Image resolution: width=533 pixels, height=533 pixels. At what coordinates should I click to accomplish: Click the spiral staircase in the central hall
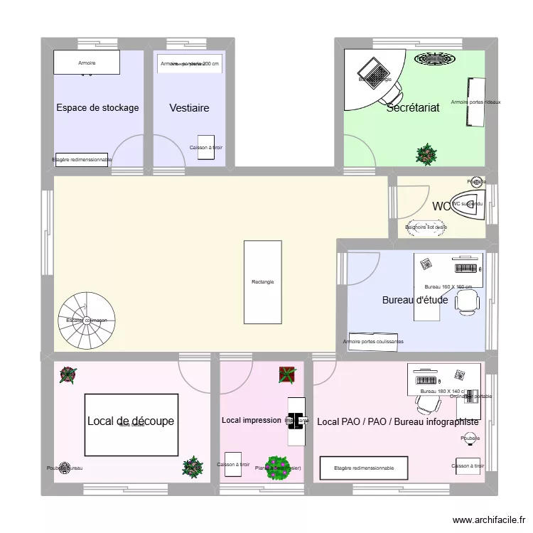(82, 319)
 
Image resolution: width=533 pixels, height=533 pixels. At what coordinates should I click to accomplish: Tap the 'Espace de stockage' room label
(97, 108)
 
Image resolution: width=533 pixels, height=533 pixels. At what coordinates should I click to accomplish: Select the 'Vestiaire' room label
(189, 108)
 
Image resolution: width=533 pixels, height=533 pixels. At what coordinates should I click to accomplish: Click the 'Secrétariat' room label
(413, 108)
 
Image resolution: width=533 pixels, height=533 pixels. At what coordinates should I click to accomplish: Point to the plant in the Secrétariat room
(426, 153)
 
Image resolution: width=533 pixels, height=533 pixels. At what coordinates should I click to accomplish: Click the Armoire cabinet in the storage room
(87, 63)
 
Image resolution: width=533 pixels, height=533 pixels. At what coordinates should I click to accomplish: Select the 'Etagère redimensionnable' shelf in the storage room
(82, 160)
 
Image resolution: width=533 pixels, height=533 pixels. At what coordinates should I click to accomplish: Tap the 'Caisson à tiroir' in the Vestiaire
(206, 146)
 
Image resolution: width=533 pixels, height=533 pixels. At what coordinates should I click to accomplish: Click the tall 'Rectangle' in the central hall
(262, 281)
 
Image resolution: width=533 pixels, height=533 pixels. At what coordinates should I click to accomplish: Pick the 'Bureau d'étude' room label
(415, 300)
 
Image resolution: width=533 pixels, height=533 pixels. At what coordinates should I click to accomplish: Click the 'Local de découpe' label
(131, 421)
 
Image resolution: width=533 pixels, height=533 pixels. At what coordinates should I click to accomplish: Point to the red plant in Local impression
(287, 375)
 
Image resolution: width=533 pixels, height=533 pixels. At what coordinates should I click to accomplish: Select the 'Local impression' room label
(251, 420)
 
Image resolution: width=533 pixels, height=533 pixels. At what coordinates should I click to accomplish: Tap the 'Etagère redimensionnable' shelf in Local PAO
(364, 468)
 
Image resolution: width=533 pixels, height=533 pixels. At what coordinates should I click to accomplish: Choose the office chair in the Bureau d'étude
(467, 301)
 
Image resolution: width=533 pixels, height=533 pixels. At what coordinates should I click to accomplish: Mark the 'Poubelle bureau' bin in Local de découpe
(65, 468)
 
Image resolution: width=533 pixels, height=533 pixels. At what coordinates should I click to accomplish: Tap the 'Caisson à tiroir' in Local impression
(233, 462)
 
